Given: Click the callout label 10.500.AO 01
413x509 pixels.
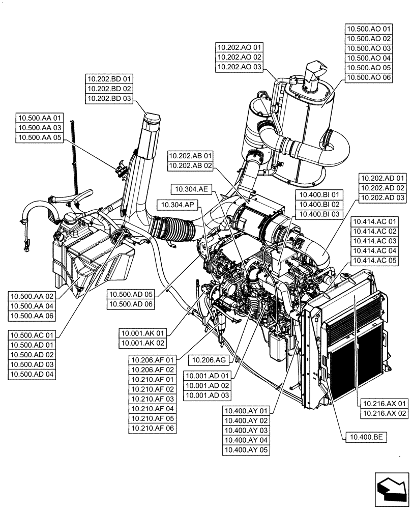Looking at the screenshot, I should [369, 30].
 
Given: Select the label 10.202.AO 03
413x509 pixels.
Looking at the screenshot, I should [239, 67].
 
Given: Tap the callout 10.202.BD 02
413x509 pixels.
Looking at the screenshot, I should [109, 89].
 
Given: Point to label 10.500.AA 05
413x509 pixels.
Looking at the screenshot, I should [40, 137].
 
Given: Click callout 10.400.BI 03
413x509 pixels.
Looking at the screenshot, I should [319, 214].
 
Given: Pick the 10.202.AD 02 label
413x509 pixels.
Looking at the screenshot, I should [382, 188].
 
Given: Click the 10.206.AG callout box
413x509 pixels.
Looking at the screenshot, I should [209, 360].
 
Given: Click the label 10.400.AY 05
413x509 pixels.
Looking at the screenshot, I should [246, 449].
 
